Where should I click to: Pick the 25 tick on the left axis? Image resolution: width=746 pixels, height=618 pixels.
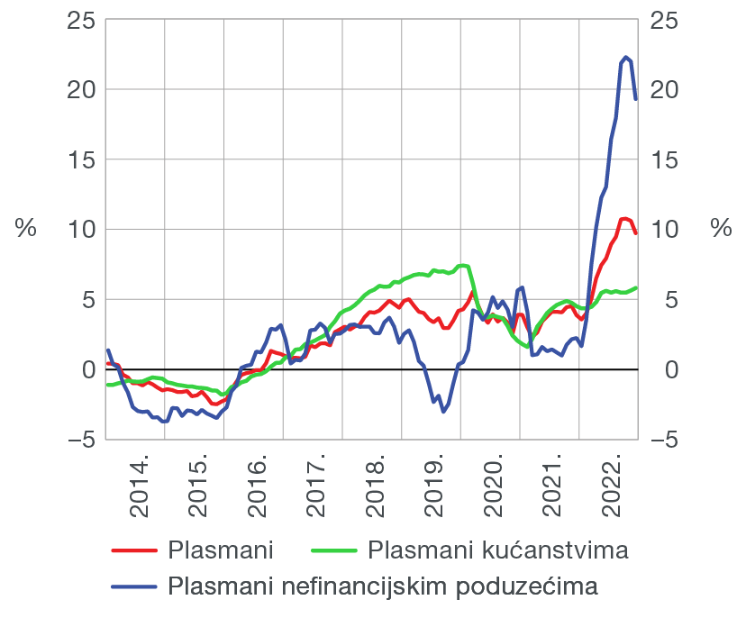coord(80,20)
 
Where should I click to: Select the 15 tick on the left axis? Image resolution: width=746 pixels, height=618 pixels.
coord(80,159)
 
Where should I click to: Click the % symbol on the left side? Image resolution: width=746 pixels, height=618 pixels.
coord(25,228)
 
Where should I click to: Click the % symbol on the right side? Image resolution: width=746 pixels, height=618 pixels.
coord(721,228)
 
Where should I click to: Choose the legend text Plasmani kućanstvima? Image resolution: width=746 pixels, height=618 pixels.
coord(497,550)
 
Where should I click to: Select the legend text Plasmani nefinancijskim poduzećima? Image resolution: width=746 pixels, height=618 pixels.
coord(383,586)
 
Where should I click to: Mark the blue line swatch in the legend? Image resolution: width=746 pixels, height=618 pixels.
coord(132,587)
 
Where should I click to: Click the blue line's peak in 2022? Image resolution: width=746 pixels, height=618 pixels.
coord(626,57)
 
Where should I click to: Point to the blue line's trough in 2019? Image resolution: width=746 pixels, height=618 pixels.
coord(443,412)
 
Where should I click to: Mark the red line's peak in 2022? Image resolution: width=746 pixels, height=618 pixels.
coord(624,218)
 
